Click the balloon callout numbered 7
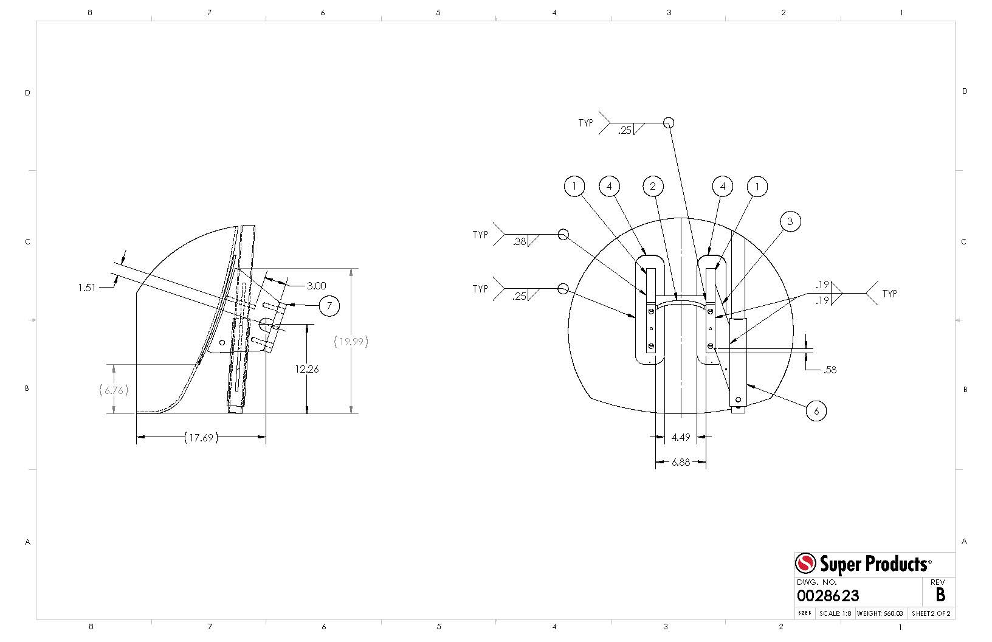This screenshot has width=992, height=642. [x=329, y=306]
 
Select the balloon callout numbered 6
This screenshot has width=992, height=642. [x=816, y=411]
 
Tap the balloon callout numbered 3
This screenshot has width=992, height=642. [x=790, y=221]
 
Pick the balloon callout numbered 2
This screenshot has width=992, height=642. [x=653, y=186]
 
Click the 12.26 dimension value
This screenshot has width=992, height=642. [x=307, y=369]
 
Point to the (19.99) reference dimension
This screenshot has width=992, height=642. [x=351, y=342]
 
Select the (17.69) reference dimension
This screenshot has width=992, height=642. [x=202, y=438]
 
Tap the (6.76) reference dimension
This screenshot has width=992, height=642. [x=114, y=390]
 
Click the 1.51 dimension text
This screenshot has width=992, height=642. [x=87, y=288]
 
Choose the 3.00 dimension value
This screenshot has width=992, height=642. [x=316, y=286]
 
